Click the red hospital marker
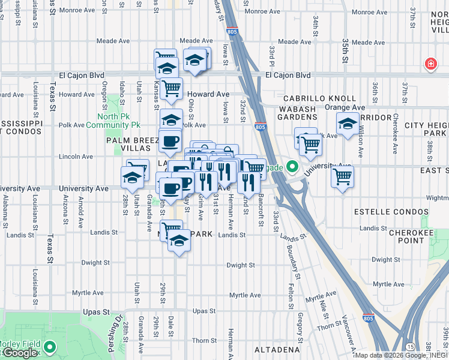coord(430,64)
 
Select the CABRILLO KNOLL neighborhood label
coord(312,98)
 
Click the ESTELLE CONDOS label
coord(391,212)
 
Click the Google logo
coord(20,353)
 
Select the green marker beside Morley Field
coord(49,346)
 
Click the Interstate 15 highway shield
coord(409,347)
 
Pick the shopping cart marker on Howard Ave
coord(171,88)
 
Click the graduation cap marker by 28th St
coord(132,178)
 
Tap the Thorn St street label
coord(330,326)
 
